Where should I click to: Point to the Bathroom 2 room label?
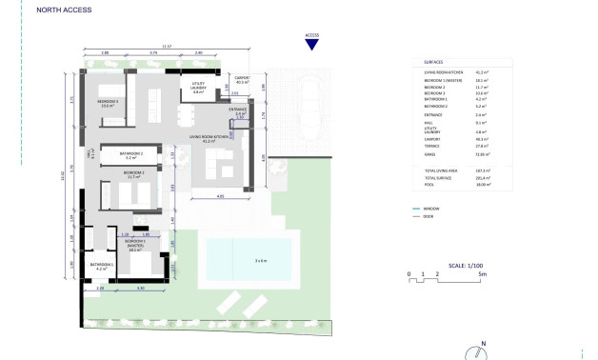(x=130, y=155)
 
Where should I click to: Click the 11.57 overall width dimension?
(x=167, y=46)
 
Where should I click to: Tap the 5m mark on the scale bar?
(x=483, y=274)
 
